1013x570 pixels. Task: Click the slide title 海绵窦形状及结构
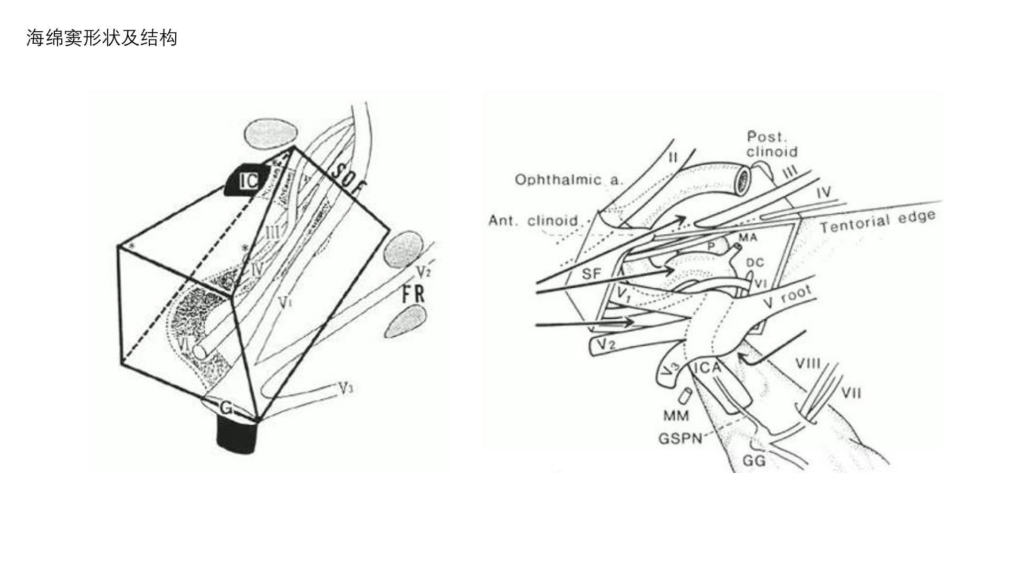click(102, 39)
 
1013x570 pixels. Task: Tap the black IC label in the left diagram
click(249, 181)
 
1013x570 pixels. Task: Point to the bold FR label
click(413, 293)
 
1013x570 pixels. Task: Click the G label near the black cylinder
click(226, 408)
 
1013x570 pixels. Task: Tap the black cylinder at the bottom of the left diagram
click(237, 435)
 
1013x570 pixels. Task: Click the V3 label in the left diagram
click(346, 389)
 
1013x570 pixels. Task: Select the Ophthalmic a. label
click(568, 180)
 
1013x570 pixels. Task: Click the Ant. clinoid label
click(533, 220)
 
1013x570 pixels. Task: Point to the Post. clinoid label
click(771, 144)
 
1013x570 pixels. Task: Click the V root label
click(787, 298)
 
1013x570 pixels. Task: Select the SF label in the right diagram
click(591, 274)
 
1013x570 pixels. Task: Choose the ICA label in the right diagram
click(707, 368)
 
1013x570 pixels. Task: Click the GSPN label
click(680, 439)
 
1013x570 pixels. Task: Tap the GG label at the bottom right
click(753, 461)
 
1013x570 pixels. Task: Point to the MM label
click(676, 416)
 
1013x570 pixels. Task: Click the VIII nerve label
click(808, 364)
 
